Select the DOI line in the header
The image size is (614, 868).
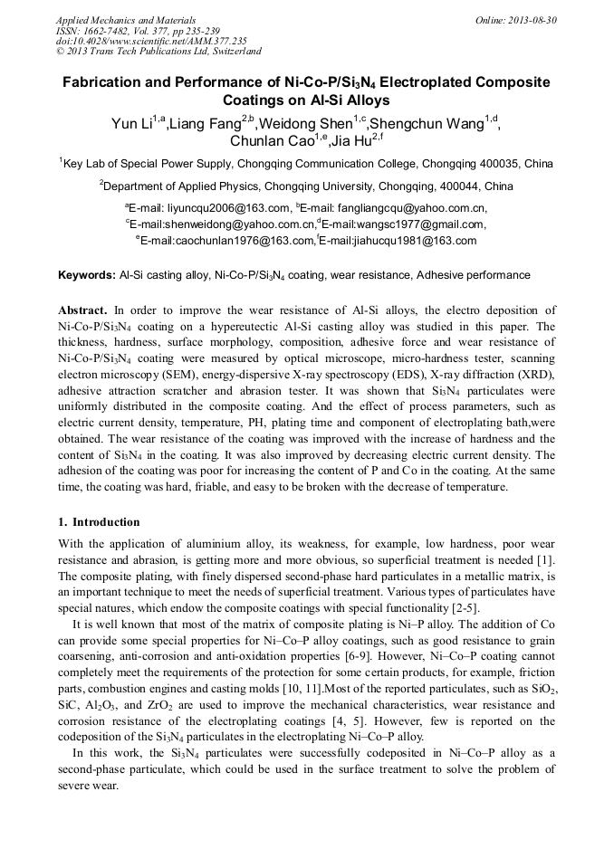click(x=151, y=41)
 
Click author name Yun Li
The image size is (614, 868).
click(x=130, y=124)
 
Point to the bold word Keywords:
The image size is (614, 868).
click(x=86, y=274)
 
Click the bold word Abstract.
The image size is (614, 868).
click(x=88, y=310)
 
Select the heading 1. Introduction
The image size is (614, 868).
click(x=99, y=522)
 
